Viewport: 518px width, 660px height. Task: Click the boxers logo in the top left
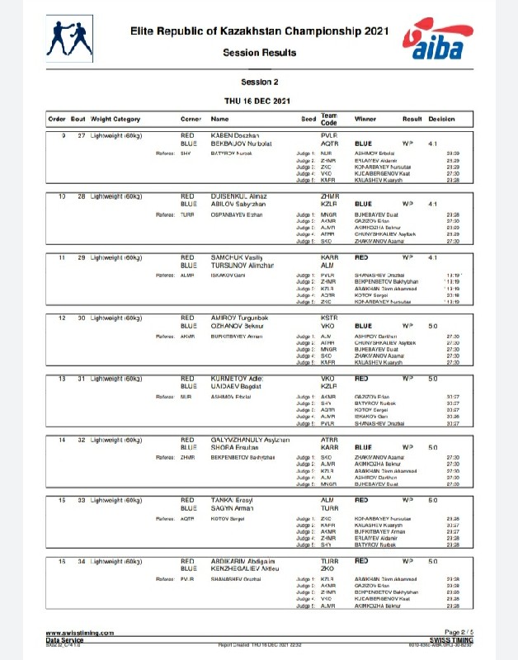coord(72,35)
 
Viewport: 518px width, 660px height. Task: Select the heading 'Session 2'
coord(259,82)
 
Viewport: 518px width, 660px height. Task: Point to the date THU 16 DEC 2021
coord(259,101)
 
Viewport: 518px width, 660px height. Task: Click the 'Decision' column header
coord(441,119)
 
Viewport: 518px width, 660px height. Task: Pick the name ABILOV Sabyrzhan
coord(238,203)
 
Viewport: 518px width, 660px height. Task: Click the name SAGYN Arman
coord(233,508)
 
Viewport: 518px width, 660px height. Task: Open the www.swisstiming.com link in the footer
coord(79,632)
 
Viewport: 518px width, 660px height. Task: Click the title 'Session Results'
coord(259,52)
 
